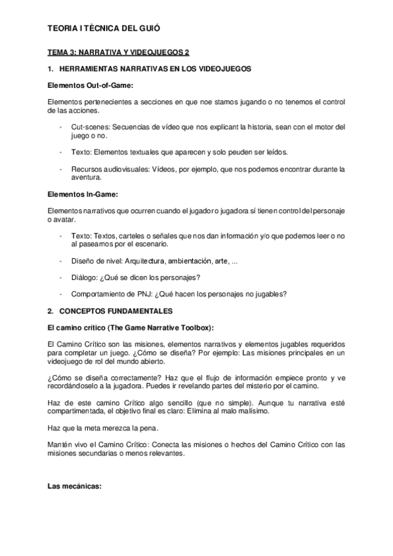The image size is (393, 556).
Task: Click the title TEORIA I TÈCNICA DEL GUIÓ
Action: (x=104, y=29)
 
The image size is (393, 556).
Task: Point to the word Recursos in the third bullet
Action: (x=87, y=169)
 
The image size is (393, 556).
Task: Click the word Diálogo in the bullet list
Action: (x=83, y=277)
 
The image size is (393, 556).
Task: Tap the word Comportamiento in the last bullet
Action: (x=98, y=293)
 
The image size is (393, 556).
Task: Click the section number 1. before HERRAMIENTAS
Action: (x=51, y=69)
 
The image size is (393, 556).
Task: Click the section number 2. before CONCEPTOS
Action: (x=51, y=309)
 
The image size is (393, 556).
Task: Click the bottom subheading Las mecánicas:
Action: (x=74, y=487)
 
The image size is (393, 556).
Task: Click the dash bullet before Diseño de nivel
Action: (x=61, y=262)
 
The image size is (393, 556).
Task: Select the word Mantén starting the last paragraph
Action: (x=62, y=444)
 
